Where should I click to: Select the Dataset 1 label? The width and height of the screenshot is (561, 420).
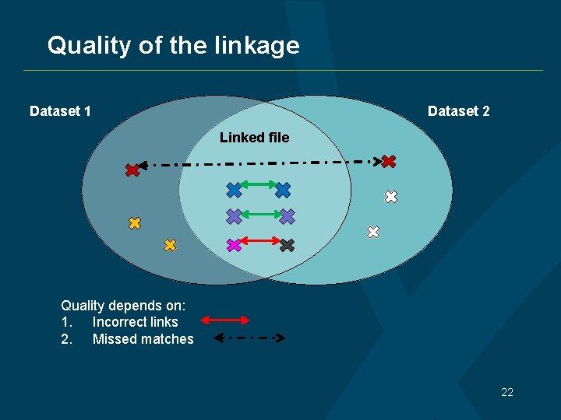coord(60,111)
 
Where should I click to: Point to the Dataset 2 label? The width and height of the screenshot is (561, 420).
coord(459,111)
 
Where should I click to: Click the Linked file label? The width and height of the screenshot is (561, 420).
coord(254,138)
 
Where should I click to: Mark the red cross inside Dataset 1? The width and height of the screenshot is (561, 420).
coord(132,170)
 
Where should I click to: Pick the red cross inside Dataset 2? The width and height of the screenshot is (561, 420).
coord(389,162)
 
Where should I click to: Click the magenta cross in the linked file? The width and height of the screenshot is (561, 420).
coord(233,245)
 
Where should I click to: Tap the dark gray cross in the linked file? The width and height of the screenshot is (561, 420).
coord(287,245)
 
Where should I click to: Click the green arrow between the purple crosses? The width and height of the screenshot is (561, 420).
coord(260,212)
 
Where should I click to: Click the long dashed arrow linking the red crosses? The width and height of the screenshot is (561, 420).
coord(257,163)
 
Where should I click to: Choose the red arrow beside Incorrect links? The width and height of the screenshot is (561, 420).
coord(225,320)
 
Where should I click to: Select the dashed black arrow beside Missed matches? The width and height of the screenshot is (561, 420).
coord(249,338)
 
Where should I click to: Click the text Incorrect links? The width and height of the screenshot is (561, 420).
coord(135,322)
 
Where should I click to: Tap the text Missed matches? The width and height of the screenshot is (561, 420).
coord(143,339)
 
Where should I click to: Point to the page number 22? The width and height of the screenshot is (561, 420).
coord(507,392)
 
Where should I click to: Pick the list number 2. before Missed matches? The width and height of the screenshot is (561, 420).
coord(66,339)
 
